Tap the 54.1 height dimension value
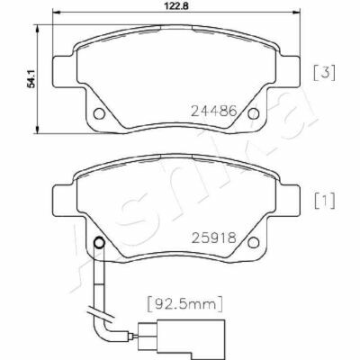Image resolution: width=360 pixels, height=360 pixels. click(31, 78)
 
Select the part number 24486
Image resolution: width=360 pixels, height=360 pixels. click(214, 112)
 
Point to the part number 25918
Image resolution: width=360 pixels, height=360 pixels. click(214, 238)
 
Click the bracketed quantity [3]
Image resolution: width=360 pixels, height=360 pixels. click(324, 73)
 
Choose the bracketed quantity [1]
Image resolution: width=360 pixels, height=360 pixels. click(324, 201)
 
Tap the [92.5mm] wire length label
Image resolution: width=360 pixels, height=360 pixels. click(185, 304)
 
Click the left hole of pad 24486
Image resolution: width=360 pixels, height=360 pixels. click(99, 113)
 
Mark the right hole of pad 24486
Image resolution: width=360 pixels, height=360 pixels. click(254, 113)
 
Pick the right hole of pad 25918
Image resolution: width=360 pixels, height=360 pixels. click(254, 242)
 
